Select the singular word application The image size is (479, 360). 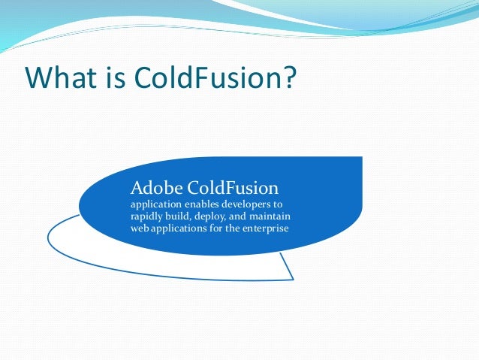click(x=157, y=204)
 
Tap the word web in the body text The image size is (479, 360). click(x=139, y=228)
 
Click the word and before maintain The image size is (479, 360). click(x=243, y=216)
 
